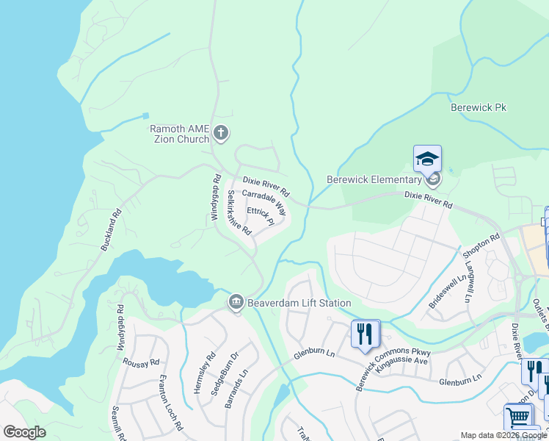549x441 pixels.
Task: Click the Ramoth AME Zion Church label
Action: pos(180,134)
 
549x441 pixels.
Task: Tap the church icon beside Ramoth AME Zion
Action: pos(221,134)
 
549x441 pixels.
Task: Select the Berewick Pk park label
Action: pos(479,107)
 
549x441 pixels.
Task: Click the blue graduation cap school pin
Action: pos(427,158)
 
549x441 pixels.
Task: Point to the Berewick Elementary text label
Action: pos(374,179)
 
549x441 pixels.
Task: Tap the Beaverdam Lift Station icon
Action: pos(236,303)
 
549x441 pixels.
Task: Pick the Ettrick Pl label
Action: pos(261,215)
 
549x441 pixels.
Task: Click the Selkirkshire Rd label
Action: pos(239,212)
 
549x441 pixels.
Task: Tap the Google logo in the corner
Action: pos(25,431)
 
